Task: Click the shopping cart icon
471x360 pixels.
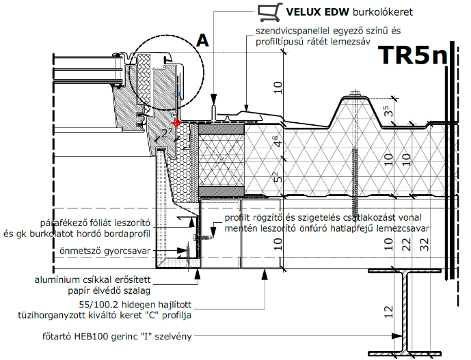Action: pos(270,12)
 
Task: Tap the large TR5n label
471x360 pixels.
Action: pos(414,55)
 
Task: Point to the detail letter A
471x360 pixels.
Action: pos(202,40)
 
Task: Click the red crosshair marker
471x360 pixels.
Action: pos(177,122)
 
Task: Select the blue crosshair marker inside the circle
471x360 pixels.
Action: pos(176,94)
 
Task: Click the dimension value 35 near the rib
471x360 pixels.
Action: pos(388,111)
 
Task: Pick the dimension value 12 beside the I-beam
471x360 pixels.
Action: pos(388,311)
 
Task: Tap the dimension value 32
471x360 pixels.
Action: pos(425,245)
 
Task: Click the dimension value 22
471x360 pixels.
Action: pos(406,245)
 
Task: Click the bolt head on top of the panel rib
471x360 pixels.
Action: pos(355,92)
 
